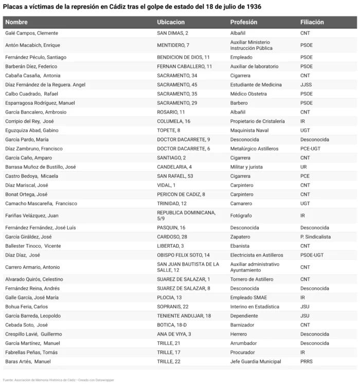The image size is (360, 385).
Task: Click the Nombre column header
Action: (x=16, y=22)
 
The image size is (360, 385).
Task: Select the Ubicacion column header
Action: (x=170, y=22)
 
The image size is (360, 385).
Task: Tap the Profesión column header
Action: (x=244, y=22)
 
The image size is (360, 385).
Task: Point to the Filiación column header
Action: (x=312, y=22)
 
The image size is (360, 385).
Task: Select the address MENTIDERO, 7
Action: (x=173, y=45)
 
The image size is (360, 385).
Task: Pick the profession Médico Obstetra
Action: (x=248, y=94)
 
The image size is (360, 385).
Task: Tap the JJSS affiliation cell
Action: (x=306, y=84)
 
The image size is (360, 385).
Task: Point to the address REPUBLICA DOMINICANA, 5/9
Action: (x=186, y=215)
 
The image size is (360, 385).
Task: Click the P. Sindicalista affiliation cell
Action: (x=315, y=237)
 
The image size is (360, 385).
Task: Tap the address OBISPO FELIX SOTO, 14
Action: (x=183, y=255)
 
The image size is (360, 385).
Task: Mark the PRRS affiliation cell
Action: (x=307, y=361)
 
